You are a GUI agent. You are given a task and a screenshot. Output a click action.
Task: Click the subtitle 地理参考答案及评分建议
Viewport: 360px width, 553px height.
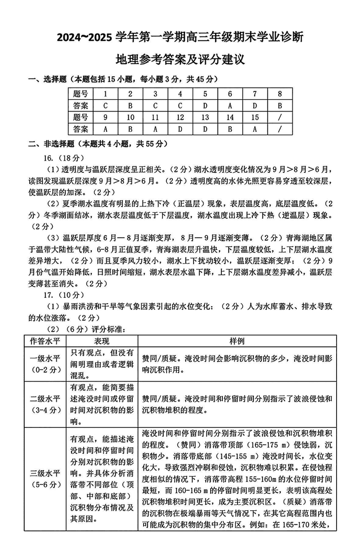[x=180, y=59]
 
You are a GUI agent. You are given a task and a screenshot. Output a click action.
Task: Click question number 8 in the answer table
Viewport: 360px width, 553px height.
[x=280, y=94]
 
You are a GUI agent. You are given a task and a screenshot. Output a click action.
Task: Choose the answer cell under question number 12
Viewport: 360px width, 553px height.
[x=180, y=129]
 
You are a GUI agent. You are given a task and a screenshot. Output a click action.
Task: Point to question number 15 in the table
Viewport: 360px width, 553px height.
[x=255, y=117]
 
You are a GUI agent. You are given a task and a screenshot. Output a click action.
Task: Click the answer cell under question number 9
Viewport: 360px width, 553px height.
[x=105, y=129]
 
